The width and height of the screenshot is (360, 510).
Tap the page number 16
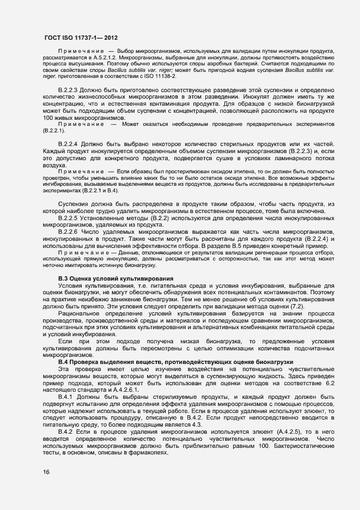coord(39,472)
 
